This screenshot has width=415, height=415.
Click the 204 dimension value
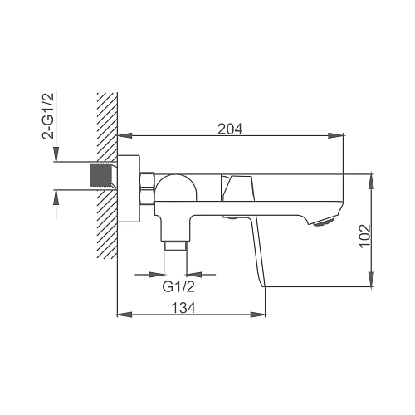tap(230, 129)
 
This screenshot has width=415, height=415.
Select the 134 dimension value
tap(183, 308)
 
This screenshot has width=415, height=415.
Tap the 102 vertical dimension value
tap(365, 236)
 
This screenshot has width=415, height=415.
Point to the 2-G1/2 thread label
tap(48, 115)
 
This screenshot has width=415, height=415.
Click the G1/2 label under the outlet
tap(178, 286)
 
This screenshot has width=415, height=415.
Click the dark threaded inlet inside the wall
tap(100, 175)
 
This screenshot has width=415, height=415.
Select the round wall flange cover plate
tap(129, 189)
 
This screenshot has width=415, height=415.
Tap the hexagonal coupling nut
tap(147, 188)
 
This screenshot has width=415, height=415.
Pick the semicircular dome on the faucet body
tap(176, 188)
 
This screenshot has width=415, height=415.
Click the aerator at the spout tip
tap(325, 222)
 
